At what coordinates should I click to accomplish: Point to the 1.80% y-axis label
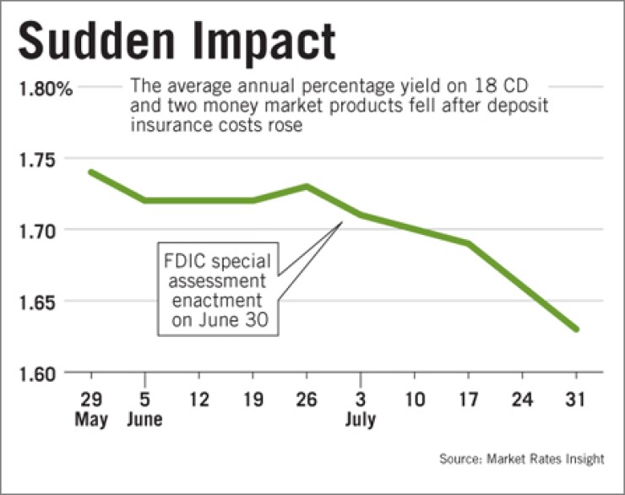41,87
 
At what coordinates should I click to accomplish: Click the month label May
91,420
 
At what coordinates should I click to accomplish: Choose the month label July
360,420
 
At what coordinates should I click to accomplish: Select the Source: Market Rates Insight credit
521,460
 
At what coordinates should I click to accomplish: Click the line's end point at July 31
577,329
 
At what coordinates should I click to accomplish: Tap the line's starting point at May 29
91,172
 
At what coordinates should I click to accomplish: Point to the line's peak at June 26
307,187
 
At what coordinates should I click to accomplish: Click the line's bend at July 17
469,243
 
